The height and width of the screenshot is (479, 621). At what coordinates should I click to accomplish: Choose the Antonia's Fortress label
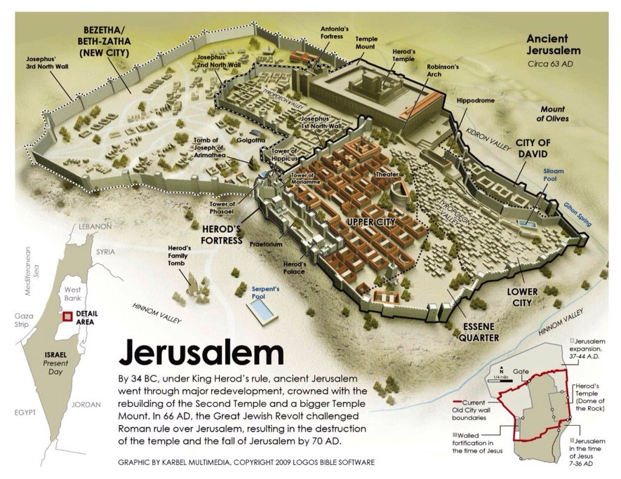(335, 32)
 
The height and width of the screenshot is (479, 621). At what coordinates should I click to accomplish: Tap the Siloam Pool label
(553, 175)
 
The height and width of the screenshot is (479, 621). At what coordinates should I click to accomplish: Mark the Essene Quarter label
(478, 333)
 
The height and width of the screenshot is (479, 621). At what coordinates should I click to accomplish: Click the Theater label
(388, 174)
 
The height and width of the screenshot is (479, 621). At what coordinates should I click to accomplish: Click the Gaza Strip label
(28, 321)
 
